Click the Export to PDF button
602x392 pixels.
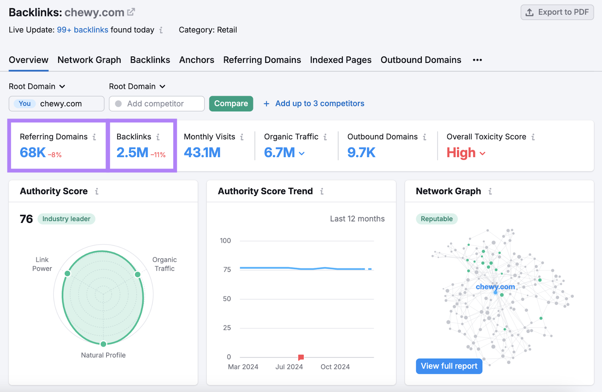[557, 12]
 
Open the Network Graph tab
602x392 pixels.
[89, 60]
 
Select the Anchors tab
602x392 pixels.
[196, 60]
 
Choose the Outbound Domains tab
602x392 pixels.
[421, 60]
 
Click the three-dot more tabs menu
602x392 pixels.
[477, 60]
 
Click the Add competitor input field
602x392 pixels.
[157, 104]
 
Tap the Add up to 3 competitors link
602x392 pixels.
[319, 104]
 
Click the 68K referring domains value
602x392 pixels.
[33, 153]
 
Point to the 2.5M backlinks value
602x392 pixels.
[132, 153]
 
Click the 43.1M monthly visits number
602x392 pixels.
[202, 153]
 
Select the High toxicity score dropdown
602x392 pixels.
[466, 153]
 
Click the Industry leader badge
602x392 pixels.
[66, 219]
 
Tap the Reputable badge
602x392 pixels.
[436, 219]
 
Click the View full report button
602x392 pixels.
[449, 366]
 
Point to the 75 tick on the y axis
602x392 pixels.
[227, 270]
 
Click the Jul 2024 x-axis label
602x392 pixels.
[289, 367]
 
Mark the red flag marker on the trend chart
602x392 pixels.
[301, 357]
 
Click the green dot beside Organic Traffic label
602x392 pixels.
[138, 274]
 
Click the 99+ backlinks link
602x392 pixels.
[82, 30]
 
